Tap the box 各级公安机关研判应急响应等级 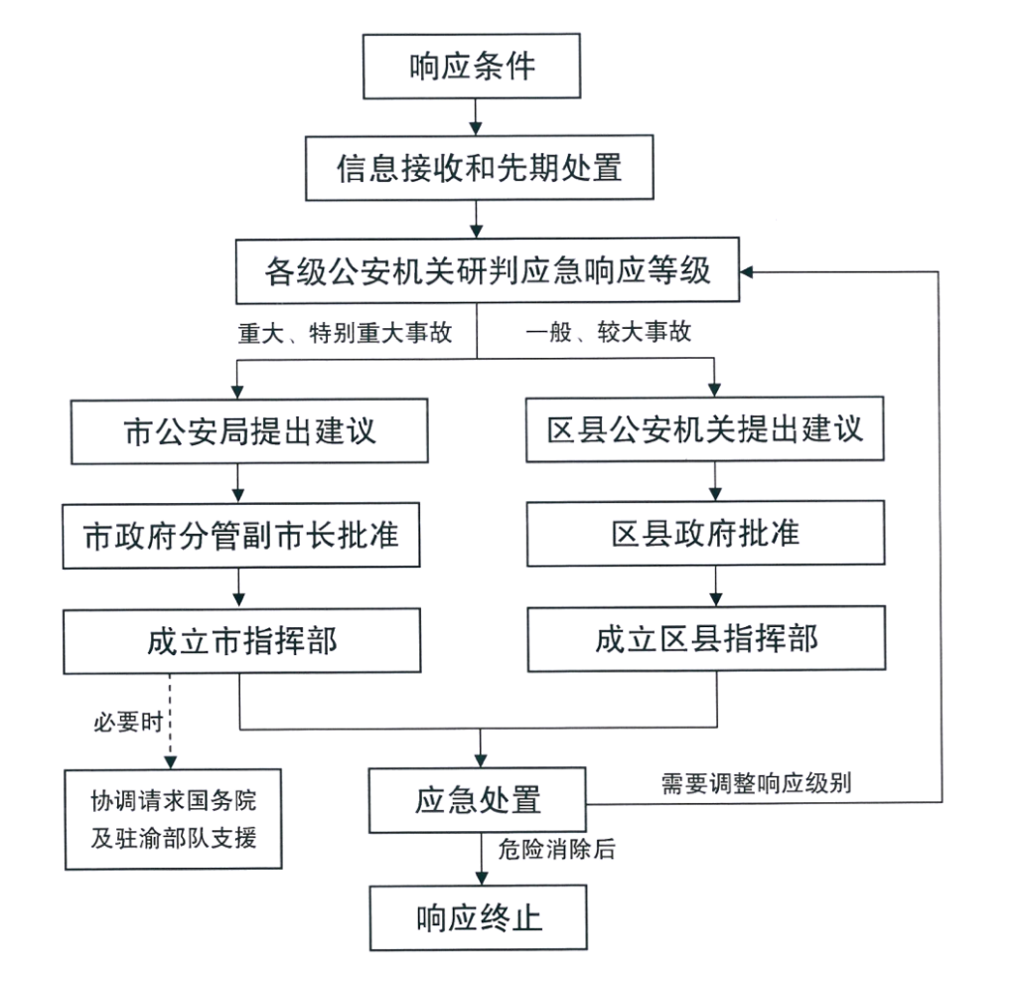click(x=488, y=270)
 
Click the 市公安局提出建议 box click(x=248, y=431)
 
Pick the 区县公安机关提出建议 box click(x=704, y=429)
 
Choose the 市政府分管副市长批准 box click(x=241, y=536)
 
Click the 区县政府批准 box click(x=705, y=535)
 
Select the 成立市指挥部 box click(x=241, y=641)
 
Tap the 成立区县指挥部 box click(x=705, y=639)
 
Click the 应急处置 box click(x=479, y=800)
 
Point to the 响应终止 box click(x=479, y=917)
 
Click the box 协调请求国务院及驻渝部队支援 click(x=174, y=819)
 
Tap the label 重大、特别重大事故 click(x=344, y=334)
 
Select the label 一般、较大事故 click(x=608, y=334)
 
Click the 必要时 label click(x=126, y=723)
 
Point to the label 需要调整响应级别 click(x=755, y=783)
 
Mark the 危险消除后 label click(x=556, y=850)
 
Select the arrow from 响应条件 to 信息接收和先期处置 click(x=475, y=116)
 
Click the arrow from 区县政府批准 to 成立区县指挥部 click(x=714, y=586)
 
